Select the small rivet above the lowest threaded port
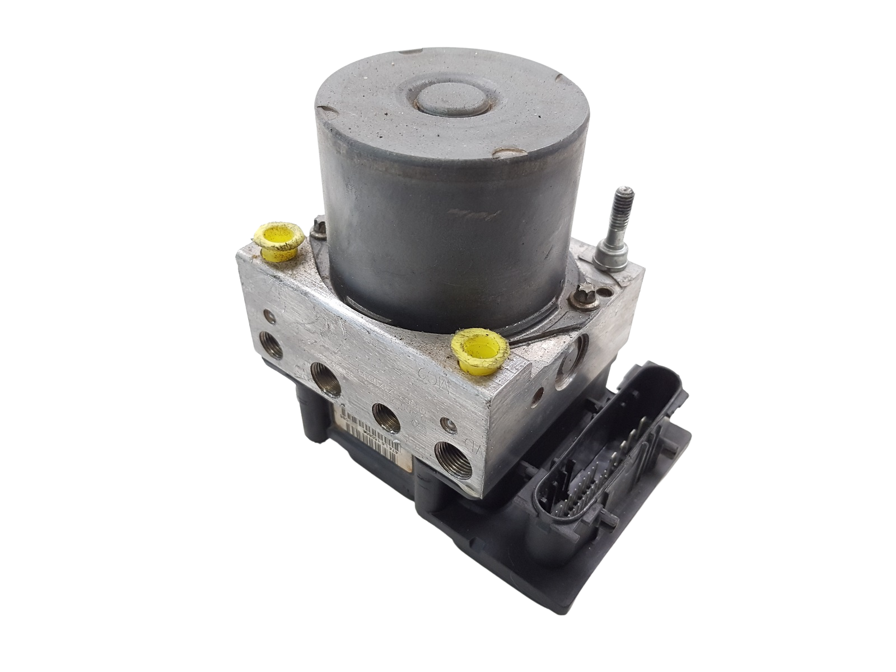446,423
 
